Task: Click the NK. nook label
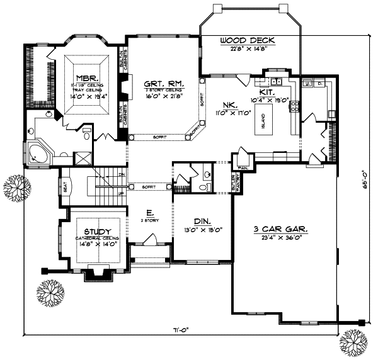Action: click(228, 105)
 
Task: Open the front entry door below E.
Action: click(150, 240)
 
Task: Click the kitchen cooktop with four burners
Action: click(293, 106)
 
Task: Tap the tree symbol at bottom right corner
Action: click(353, 343)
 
